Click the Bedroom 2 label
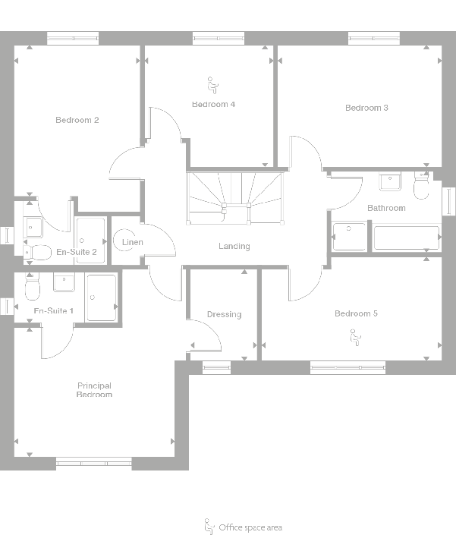[x=77, y=120]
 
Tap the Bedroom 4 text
[x=213, y=104]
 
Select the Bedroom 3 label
[x=366, y=108]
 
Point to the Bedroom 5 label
[x=356, y=313]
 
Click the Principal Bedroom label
[x=94, y=390]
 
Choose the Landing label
[x=234, y=246]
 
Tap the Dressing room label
[x=224, y=314]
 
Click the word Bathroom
[x=386, y=207]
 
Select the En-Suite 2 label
[x=77, y=252]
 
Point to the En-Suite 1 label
[x=54, y=311]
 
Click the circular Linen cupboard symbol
[x=123, y=242]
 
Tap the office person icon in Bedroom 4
[x=212, y=83]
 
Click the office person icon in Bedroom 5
[x=354, y=337]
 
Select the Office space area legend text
[x=250, y=527]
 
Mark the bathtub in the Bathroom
[x=406, y=238]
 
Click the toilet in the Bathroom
[x=421, y=186]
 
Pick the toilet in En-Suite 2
[x=37, y=251]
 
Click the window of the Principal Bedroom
[x=94, y=461]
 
